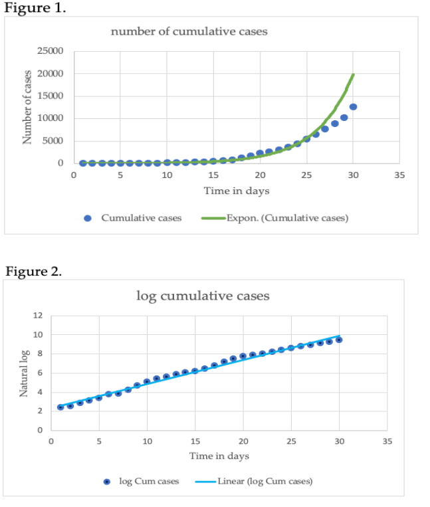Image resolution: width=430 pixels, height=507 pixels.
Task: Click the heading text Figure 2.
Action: [34, 271]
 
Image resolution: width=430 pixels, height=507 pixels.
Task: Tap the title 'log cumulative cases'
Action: [203, 296]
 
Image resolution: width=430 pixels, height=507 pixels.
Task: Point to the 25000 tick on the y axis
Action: [51, 51]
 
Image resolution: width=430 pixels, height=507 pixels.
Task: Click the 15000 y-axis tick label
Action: [51, 96]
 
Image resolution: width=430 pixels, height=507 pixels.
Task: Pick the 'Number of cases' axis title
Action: [27, 106]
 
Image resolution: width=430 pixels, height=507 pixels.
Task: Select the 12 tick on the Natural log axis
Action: [38, 316]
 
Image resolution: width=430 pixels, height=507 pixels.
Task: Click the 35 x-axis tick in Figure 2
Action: [387, 441]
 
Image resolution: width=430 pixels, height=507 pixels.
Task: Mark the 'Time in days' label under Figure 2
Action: [219, 456]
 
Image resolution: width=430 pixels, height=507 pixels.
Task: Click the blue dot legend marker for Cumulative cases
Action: [88, 217]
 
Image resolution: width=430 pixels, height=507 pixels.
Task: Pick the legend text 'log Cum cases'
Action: [149, 481]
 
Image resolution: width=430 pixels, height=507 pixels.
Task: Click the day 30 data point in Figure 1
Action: [354, 107]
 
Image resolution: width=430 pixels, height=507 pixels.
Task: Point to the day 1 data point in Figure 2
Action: [60, 407]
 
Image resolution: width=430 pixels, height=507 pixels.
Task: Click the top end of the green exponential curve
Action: [354, 74]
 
